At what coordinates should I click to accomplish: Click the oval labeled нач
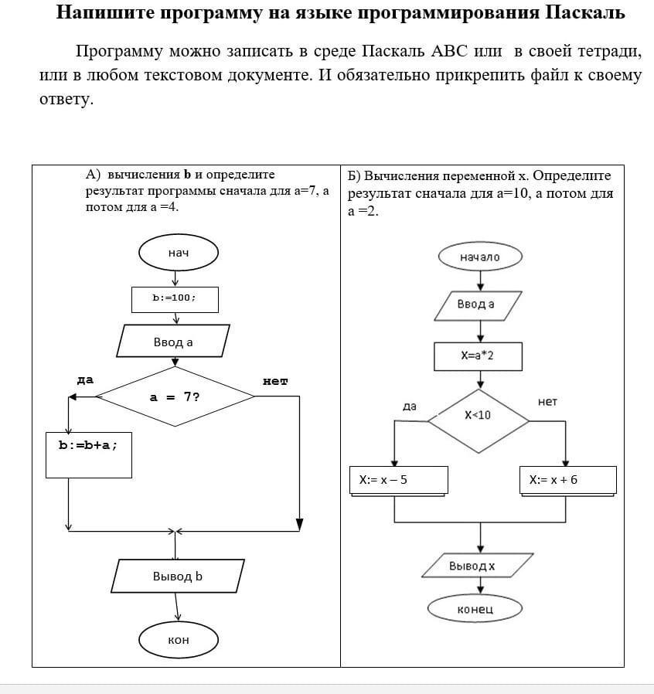[179, 253]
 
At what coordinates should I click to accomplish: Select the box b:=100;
[175, 299]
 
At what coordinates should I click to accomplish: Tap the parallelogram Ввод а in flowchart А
[174, 342]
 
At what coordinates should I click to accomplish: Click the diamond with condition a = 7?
[175, 397]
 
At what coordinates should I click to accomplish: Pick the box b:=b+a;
[89, 455]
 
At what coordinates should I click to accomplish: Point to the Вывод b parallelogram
[178, 577]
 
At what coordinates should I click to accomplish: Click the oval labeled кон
[179, 640]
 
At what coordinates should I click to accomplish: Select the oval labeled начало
[480, 257]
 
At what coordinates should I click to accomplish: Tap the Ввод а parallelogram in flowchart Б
[477, 304]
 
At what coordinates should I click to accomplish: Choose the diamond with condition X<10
[479, 420]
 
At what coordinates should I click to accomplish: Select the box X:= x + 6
[567, 480]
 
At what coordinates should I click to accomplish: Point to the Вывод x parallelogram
[477, 566]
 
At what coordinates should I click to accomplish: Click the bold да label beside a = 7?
[85, 380]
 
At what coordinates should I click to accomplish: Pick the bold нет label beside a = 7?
[275, 381]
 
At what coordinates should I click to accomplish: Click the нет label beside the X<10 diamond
[547, 402]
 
